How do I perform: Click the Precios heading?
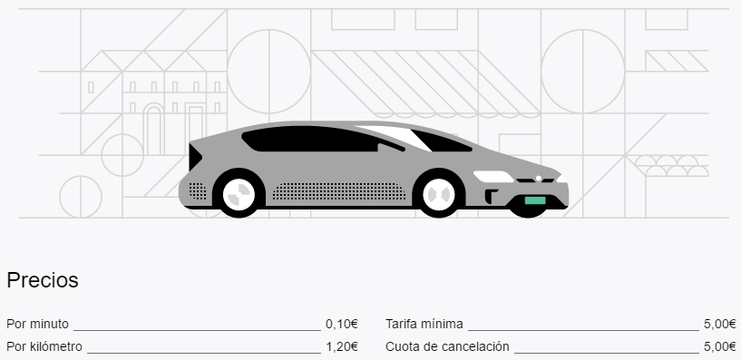pos(43,280)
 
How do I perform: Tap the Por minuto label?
pos(37,324)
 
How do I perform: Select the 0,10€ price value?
pos(342,324)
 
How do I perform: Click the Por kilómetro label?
pos(44,346)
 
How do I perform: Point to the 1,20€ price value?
pos(342,346)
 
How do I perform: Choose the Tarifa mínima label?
pos(424,324)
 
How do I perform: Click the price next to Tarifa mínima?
pos(719,324)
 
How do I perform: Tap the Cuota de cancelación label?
pos(447,346)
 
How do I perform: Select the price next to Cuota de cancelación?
pos(719,346)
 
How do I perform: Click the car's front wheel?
pos(438,192)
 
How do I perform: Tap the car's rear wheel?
pos(239,192)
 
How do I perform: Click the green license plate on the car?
pos(535,199)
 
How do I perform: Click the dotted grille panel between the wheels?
pos(338,191)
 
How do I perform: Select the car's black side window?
pos(313,140)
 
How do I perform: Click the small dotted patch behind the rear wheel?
pos(197,191)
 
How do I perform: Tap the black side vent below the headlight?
pos(490,196)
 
